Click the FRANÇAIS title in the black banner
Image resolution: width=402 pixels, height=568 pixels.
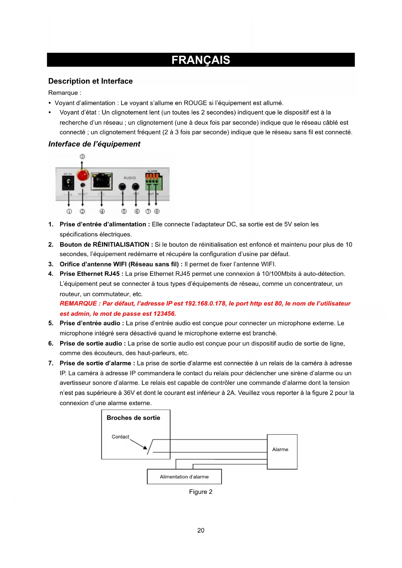point(201,60)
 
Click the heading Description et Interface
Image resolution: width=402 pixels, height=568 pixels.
point(90,81)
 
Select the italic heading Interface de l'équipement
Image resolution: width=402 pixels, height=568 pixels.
point(94,144)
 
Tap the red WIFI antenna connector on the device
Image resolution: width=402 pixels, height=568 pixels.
point(83,175)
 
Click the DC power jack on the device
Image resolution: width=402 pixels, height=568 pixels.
point(68,184)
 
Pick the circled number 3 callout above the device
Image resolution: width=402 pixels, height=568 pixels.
point(82,157)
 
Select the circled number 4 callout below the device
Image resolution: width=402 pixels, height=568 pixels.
point(102,211)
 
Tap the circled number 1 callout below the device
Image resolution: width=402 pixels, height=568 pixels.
point(69,211)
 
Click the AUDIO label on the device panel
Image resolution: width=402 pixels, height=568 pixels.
point(130,178)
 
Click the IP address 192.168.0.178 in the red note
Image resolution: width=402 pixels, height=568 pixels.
point(205,304)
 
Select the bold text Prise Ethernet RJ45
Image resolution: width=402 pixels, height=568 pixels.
point(90,274)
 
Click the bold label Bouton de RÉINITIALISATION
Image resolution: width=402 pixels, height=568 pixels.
point(104,244)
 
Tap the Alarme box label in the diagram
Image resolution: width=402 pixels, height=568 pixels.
point(280,449)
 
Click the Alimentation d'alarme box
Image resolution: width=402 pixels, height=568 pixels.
point(184,477)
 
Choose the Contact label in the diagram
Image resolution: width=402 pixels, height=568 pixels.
point(121,437)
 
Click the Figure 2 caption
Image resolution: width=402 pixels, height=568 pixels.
point(201,492)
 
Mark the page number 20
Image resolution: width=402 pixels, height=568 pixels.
point(201,530)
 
